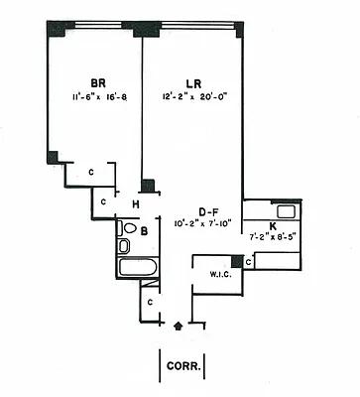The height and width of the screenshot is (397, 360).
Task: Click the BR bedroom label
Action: pos(97,82)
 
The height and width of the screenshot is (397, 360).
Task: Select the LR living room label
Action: pos(194,83)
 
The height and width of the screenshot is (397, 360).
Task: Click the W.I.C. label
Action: pos(219,274)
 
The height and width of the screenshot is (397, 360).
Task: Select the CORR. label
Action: pos(184,365)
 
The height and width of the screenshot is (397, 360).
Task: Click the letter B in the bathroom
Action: pos(144,232)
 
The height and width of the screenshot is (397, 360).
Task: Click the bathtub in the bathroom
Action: pos(137,266)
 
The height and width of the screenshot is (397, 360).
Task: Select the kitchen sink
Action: pos(286,211)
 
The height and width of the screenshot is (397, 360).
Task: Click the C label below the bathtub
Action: pos(149,300)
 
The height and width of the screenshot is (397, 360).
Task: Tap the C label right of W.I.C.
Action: pos(248,262)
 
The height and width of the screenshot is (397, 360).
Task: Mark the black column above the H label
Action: pos(147,186)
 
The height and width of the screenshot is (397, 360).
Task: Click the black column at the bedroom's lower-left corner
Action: pos(53,156)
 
